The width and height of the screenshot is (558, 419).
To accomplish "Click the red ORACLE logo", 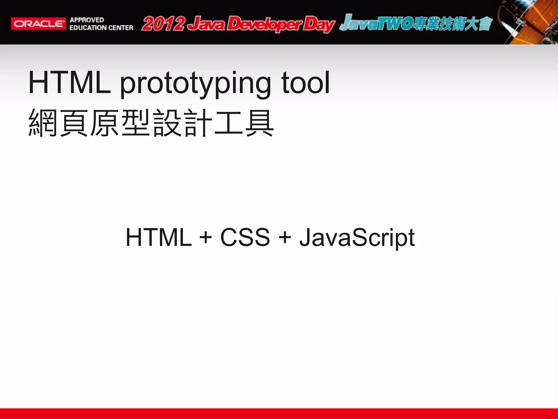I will (x=38, y=24).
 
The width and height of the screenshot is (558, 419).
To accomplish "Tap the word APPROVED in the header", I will (x=87, y=20).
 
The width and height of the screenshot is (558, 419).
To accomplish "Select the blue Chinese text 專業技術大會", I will (x=452, y=24).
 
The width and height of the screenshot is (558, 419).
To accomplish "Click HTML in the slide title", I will (x=69, y=82).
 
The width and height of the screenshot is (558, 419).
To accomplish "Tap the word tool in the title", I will (x=305, y=82).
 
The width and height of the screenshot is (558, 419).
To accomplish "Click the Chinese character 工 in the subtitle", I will (x=228, y=122).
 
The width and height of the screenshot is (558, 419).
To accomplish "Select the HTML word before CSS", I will (x=159, y=237).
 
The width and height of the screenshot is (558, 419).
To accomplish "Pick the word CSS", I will (x=245, y=237).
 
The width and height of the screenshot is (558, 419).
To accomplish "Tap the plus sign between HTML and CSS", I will (x=206, y=237).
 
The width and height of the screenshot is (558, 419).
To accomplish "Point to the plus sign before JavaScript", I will (x=285, y=237).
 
